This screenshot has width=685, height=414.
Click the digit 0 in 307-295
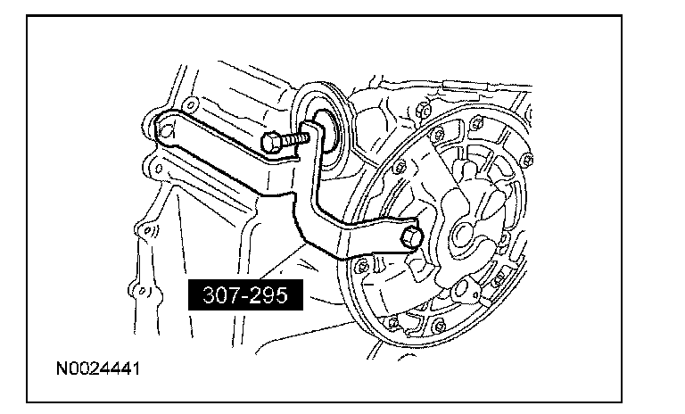215,295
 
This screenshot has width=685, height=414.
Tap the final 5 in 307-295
285,295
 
